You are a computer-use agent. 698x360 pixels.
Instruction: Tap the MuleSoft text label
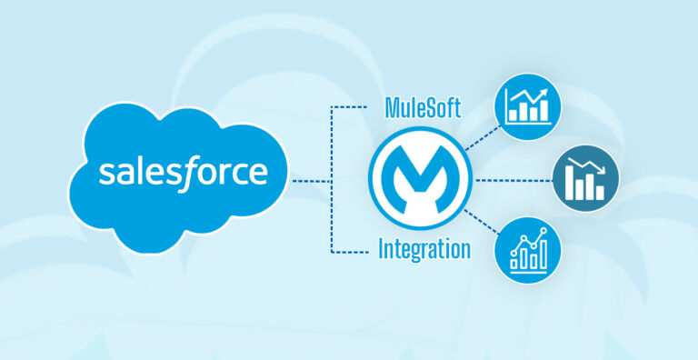point(419,110)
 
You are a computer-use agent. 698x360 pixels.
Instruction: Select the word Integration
point(424,248)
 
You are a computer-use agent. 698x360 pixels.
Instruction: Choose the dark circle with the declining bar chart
point(587,179)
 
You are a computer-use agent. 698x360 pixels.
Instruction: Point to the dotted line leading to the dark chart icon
point(514,179)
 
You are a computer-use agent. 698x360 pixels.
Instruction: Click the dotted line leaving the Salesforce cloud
point(311,179)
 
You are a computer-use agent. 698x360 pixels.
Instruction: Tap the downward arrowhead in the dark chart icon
point(601,171)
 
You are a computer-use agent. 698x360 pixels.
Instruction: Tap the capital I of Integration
point(382,248)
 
